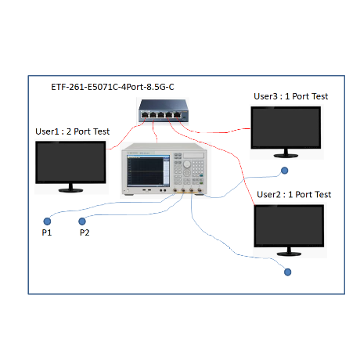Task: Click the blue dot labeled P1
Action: click(x=47, y=221)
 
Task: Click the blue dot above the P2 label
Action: click(x=82, y=221)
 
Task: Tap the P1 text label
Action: click(x=47, y=232)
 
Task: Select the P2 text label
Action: click(x=85, y=232)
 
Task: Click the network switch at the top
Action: click(x=163, y=110)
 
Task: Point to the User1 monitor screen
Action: click(x=70, y=162)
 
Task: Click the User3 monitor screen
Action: click(x=286, y=128)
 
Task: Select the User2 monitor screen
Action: click(x=289, y=225)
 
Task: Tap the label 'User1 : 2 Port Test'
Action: click(x=73, y=131)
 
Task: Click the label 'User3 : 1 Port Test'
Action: click(x=291, y=96)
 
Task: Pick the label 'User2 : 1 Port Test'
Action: click(x=294, y=194)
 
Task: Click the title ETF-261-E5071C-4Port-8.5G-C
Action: click(x=113, y=87)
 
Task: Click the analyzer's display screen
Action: click(x=148, y=171)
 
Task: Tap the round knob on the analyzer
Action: click(x=187, y=164)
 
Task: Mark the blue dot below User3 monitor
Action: click(x=284, y=171)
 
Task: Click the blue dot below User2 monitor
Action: click(x=287, y=272)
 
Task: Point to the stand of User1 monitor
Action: click(x=70, y=189)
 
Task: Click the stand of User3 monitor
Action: click(x=286, y=153)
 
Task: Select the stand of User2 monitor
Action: click(x=289, y=251)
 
